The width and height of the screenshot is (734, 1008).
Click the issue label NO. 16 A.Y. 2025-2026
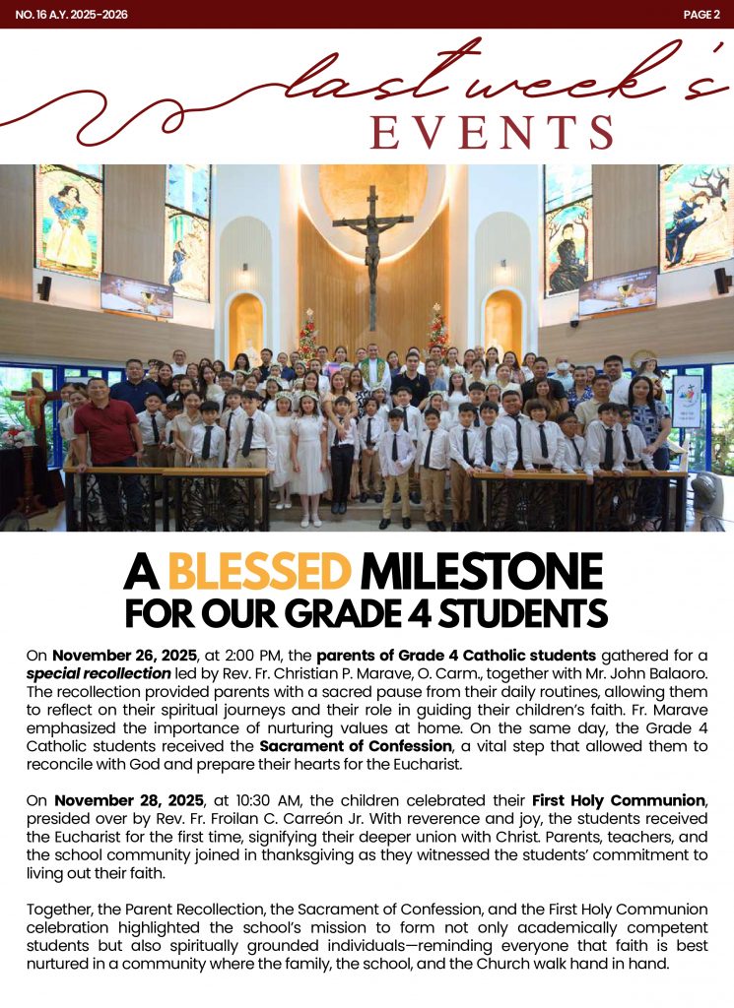71,15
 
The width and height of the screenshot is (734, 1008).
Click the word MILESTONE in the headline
481,573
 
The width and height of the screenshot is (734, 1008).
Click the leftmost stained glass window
69,221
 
